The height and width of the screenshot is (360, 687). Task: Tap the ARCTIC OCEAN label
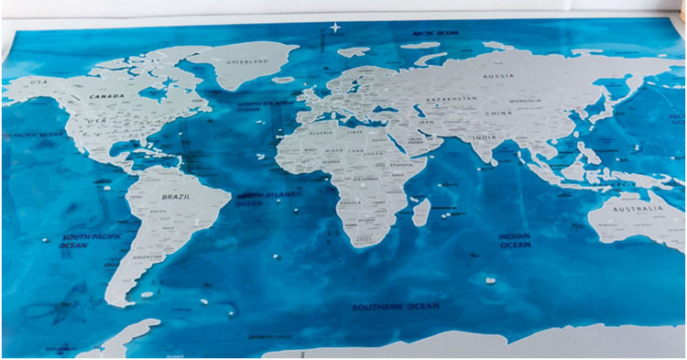tap(435, 33)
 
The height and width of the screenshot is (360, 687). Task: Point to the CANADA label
tap(107, 94)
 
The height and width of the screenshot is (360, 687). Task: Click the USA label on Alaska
tap(38, 82)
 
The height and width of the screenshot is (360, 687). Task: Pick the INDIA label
tap(485, 137)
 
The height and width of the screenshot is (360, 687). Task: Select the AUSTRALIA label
tap(638, 210)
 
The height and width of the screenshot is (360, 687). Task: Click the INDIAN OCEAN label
tap(515, 240)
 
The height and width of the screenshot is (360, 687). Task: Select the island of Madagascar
tap(420, 213)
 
